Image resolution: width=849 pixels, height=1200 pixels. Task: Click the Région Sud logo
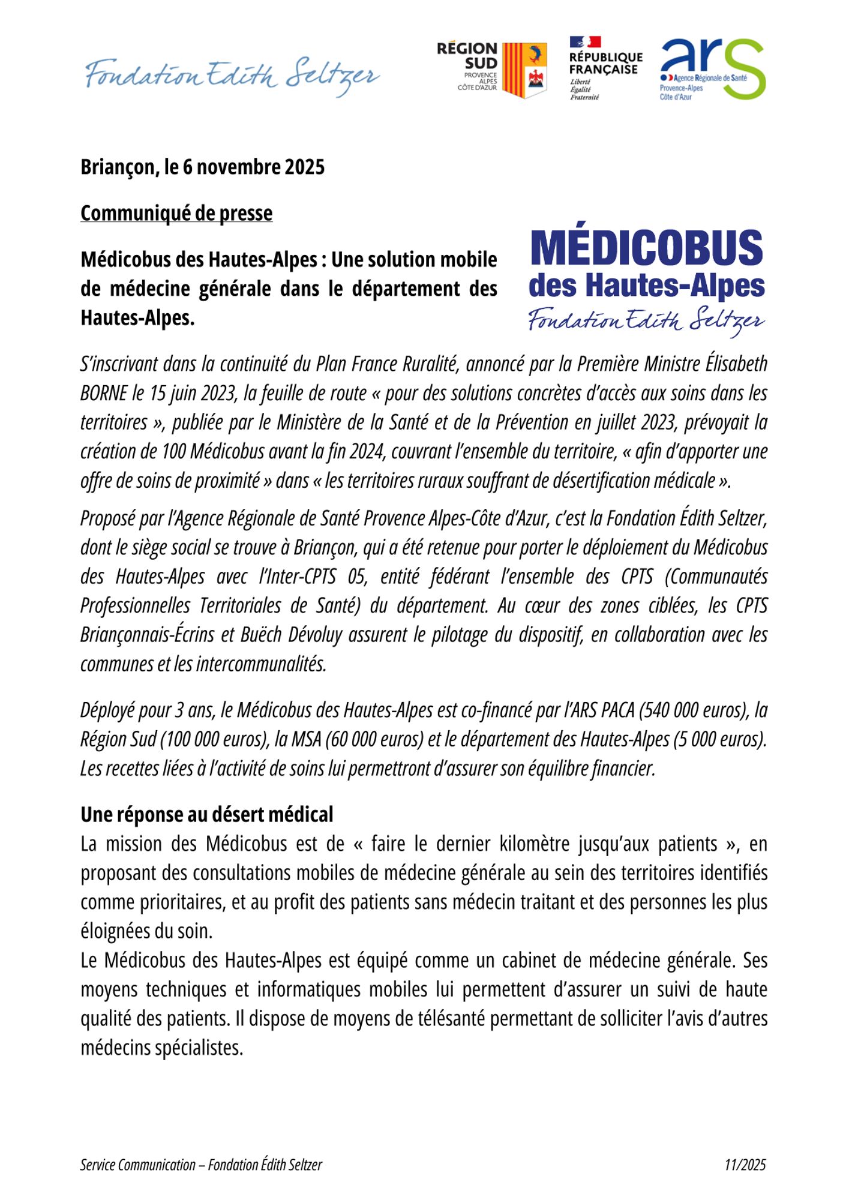[x=491, y=70]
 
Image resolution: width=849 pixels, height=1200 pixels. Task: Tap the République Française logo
[x=605, y=67]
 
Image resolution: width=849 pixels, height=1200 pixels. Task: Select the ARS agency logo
[x=712, y=69]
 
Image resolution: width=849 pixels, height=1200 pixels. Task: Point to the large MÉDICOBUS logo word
[x=647, y=248]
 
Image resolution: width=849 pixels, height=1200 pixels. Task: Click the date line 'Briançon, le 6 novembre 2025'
[x=203, y=167]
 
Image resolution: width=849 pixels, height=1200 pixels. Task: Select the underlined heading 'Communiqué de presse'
[x=176, y=213]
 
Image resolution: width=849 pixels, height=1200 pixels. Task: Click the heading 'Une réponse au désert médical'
[x=207, y=815]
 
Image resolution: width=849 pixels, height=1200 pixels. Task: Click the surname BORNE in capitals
[x=104, y=394]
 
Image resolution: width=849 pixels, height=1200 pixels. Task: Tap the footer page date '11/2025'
[x=745, y=1165]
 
